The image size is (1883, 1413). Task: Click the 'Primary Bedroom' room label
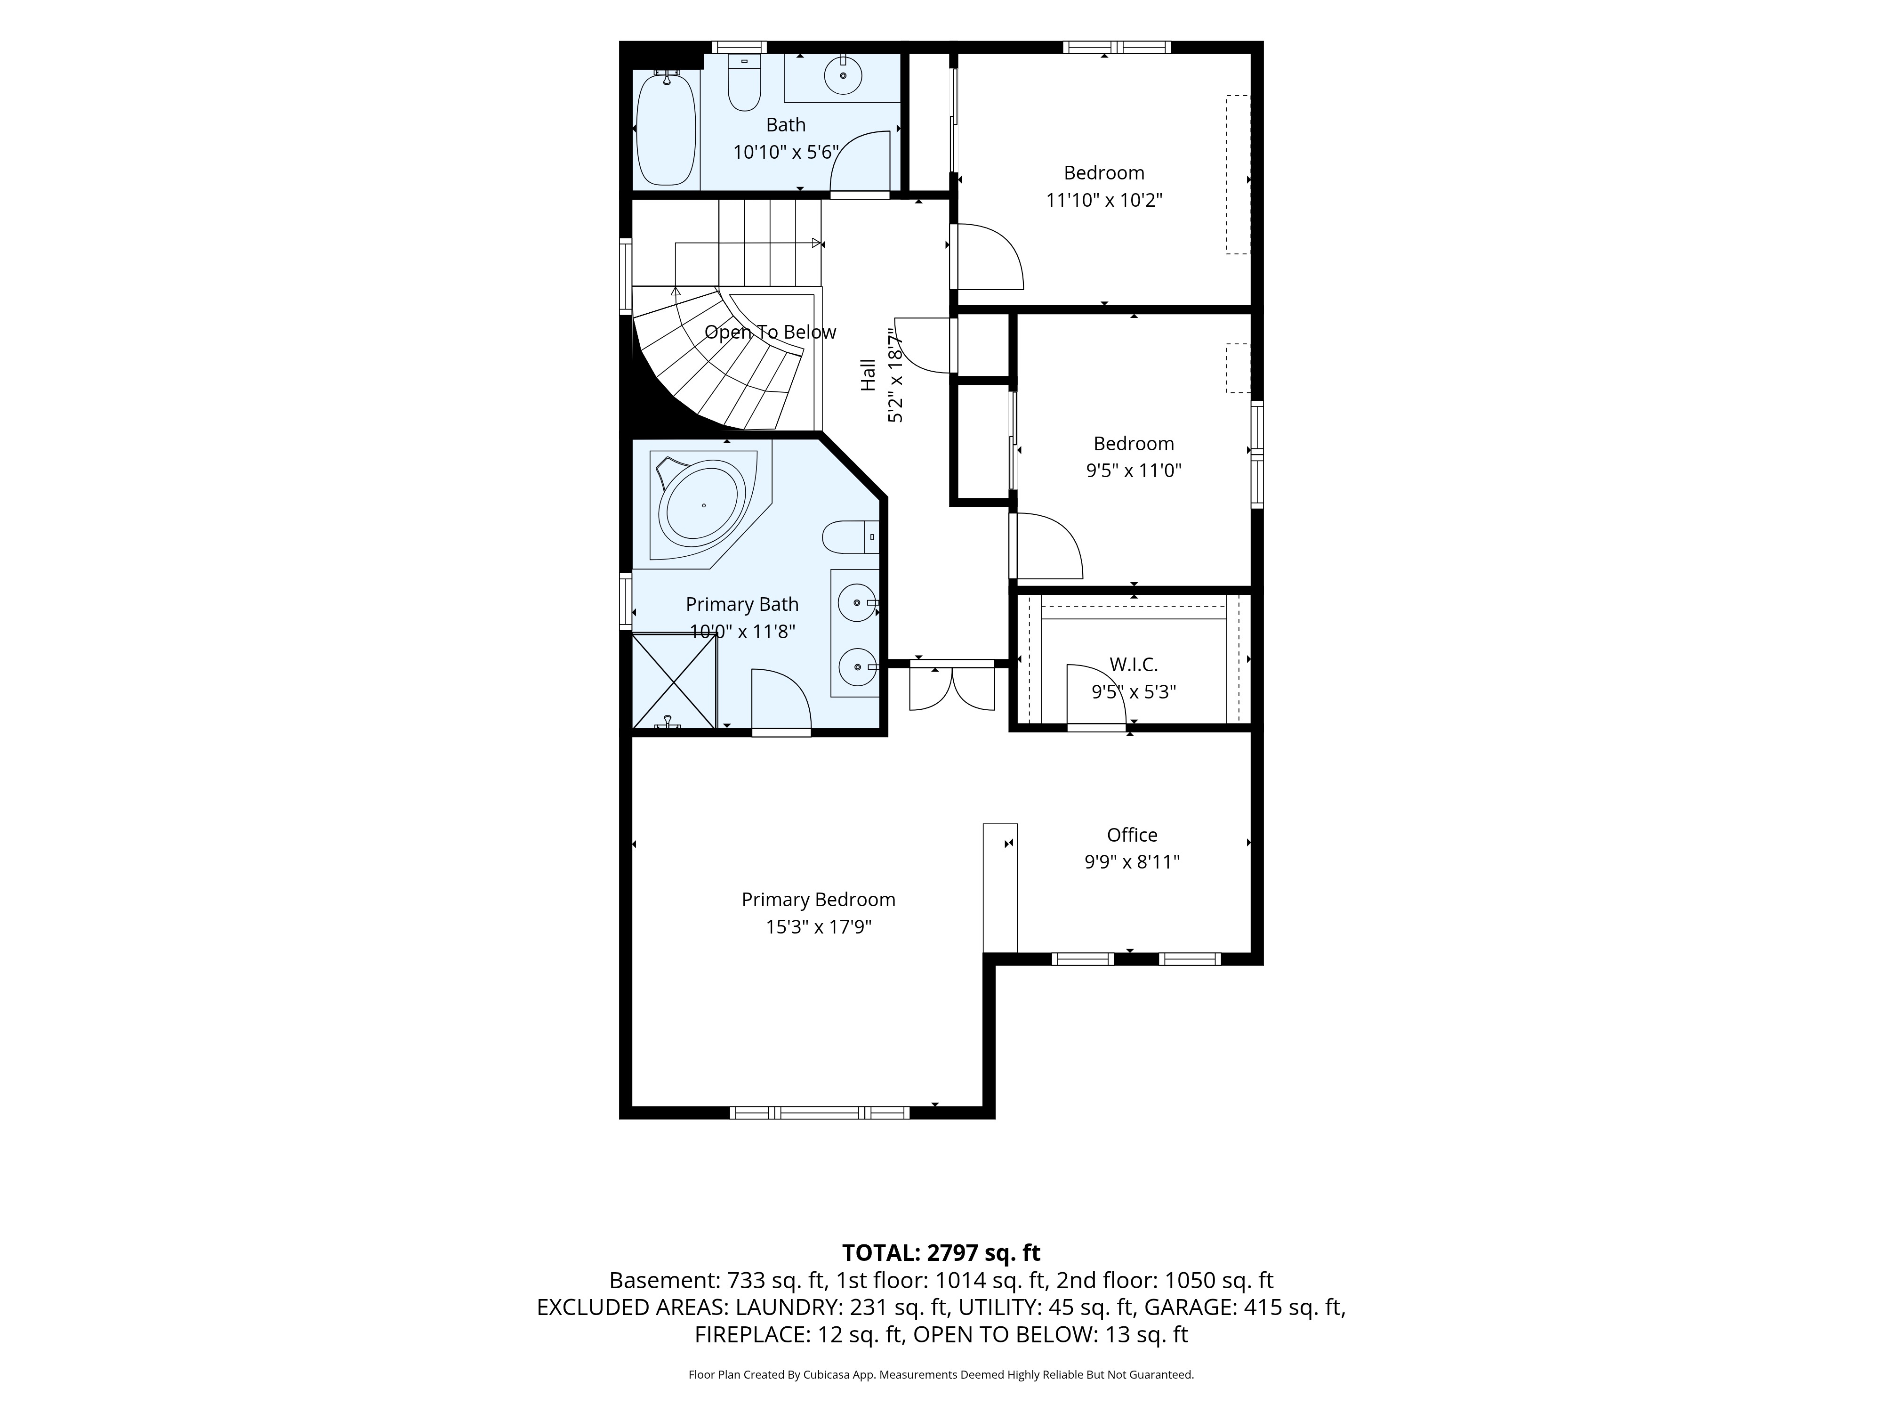tap(818, 900)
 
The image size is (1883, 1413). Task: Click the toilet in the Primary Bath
tap(851, 536)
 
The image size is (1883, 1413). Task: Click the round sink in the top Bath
tap(843, 76)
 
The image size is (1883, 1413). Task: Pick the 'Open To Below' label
tap(771, 332)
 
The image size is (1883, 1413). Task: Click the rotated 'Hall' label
tap(868, 375)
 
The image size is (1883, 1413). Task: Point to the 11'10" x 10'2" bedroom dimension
tap(1104, 200)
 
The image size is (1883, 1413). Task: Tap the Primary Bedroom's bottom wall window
tap(820, 1113)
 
